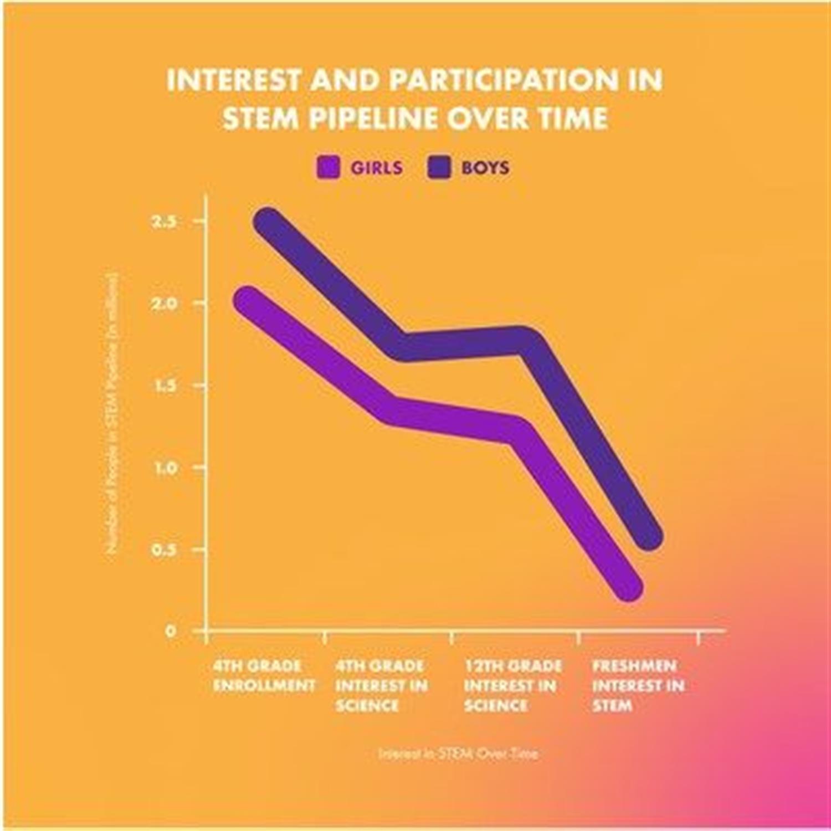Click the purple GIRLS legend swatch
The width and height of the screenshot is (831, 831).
tap(328, 167)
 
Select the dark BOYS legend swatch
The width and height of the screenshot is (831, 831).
tap(440, 167)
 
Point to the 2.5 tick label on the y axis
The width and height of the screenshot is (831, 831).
tap(164, 222)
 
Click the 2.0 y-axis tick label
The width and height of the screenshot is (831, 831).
tap(164, 304)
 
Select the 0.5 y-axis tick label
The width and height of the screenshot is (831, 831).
tap(164, 550)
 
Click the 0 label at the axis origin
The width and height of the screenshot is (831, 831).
tap(171, 631)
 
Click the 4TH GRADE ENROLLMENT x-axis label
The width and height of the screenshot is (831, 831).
tap(263, 675)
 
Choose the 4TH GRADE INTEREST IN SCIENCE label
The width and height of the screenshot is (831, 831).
tap(381, 685)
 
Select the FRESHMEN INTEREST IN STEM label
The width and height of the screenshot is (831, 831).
tap(638, 685)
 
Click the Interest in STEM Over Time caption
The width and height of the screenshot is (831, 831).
tap(458, 753)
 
